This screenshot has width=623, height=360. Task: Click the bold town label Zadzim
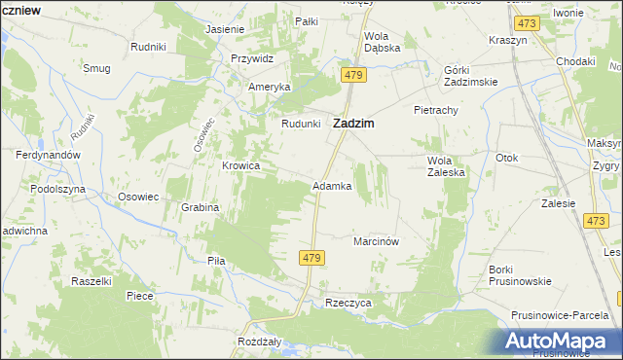click(x=355, y=124)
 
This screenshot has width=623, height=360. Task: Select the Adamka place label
click(x=331, y=185)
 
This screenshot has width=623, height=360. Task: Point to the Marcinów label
click(x=378, y=240)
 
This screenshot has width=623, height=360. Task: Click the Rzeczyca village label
click(x=348, y=303)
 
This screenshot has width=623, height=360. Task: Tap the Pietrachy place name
click(x=435, y=110)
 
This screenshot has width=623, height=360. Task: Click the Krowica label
click(x=240, y=165)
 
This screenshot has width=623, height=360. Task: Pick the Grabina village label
click(x=200, y=207)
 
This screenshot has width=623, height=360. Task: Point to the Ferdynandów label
click(x=47, y=155)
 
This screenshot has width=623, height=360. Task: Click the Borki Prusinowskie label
click(x=521, y=274)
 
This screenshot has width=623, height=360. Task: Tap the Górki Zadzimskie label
click(x=470, y=76)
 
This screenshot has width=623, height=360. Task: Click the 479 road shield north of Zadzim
click(x=353, y=75)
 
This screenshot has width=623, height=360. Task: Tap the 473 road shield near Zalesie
click(x=597, y=222)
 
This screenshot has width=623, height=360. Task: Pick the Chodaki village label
click(x=575, y=61)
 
